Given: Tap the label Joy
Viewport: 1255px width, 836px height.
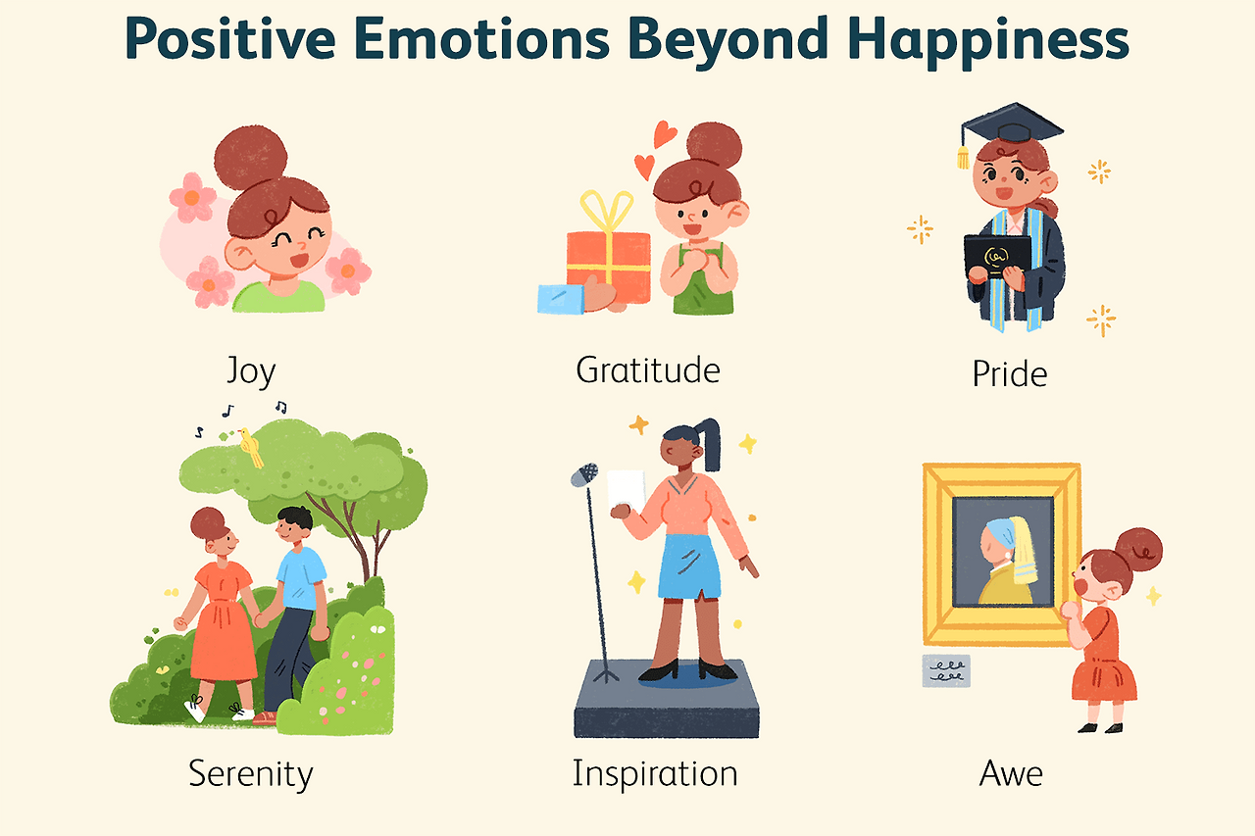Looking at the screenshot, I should (x=251, y=371).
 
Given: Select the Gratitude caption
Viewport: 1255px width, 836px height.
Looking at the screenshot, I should (x=648, y=369).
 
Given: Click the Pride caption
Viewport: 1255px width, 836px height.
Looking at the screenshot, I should (x=1010, y=373).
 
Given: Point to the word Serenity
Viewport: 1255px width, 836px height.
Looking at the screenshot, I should (x=250, y=774).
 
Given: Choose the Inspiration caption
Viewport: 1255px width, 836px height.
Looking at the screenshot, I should (x=655, y=774).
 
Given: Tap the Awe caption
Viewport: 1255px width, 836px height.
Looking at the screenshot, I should (x=1011, y=774).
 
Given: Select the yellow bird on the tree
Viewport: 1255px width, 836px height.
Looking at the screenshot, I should (x=252, y=447).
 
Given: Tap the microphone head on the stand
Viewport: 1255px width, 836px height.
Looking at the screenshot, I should (x=584, y=475).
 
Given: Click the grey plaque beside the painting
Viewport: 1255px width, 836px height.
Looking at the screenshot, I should (x=946, y=670).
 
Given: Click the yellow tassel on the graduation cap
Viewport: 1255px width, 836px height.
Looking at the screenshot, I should (x=964, y=155).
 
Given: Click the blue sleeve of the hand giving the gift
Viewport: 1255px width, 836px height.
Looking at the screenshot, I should (x=561, y=298).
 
